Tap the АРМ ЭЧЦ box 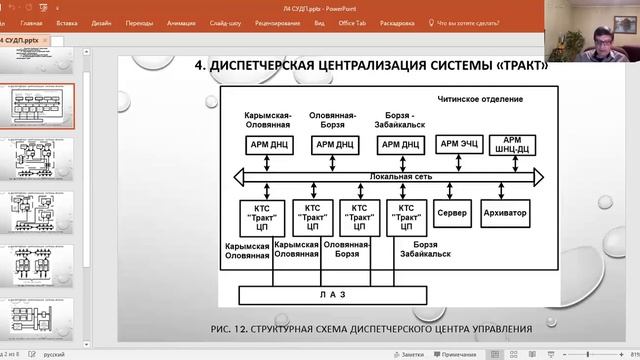[458, 144]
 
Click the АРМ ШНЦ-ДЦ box [511, 144]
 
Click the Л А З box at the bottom [332, 294]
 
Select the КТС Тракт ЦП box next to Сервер [405, 217]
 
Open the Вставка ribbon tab [67, 21]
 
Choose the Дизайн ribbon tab [101, 21]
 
